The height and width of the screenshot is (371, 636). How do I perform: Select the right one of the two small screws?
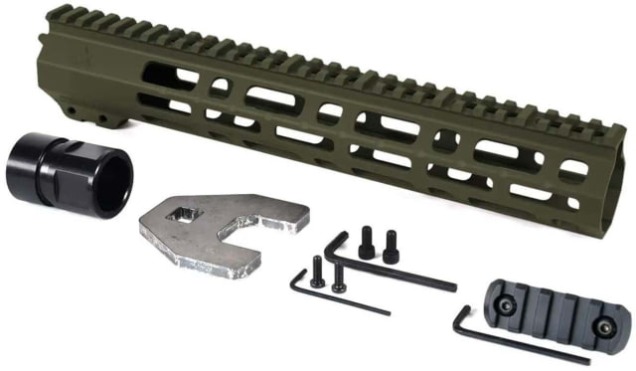(340, 275)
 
